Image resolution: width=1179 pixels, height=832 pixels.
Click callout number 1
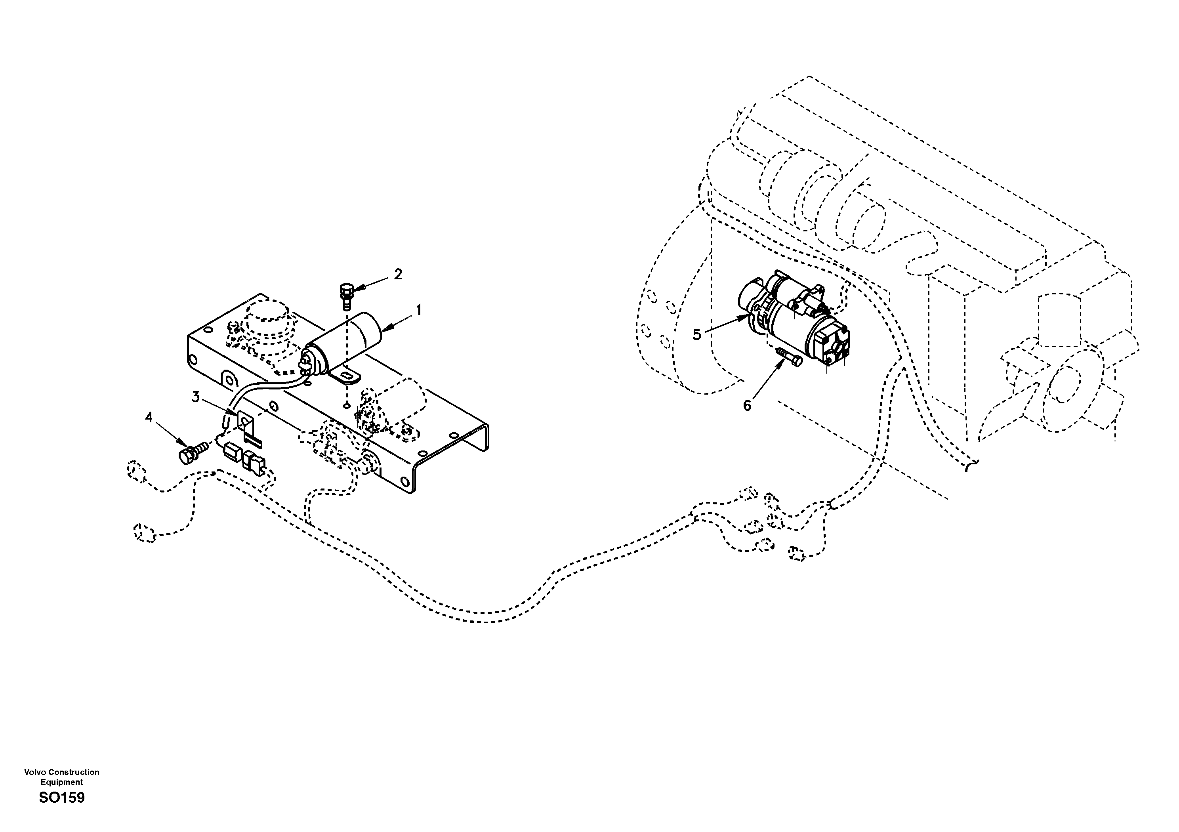(419, 310)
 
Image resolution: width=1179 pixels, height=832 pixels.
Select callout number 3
(196, 397)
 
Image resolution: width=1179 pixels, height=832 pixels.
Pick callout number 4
(149, 418)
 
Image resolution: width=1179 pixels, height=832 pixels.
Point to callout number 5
(697, 335)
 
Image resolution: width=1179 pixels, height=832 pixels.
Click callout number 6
(747, 406)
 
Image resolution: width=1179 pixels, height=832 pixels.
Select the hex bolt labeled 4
(191, 452)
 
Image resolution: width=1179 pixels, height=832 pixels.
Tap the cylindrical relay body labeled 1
(349, 339)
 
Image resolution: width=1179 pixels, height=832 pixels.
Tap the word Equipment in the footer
(62, 782)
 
